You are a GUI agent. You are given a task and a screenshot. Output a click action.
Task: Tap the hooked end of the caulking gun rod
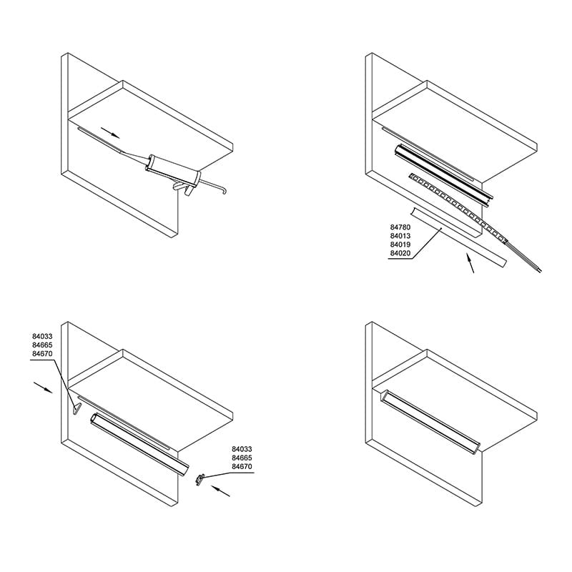coord(224,190)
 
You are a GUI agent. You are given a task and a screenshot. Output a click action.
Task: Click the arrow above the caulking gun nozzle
coord(110,132)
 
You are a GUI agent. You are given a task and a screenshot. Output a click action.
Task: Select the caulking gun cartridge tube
coord(172,169)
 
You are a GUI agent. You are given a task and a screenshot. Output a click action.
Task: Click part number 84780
coord(400,227)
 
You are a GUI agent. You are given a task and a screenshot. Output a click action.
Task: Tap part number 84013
coord(400,236)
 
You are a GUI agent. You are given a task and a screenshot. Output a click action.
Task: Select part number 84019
coord(400,245)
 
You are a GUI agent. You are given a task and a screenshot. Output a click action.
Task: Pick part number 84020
coord(400,253)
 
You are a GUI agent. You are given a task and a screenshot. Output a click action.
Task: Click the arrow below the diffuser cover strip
coord(470,262)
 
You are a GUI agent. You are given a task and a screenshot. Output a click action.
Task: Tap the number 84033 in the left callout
coord(42,336)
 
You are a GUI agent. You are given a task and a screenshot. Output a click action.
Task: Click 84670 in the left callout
coord(42,354)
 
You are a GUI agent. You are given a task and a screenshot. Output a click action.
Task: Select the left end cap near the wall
coord(77,409)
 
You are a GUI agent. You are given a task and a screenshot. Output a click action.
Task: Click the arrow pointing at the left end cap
coord(43,387)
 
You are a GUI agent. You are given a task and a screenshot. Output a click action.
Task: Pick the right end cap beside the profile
coord(199,479)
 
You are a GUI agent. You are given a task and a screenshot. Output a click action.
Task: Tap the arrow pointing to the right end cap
coord(221,490)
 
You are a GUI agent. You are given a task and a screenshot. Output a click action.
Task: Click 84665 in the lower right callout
coord(242,458)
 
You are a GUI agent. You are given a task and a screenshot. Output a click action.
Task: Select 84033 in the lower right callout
coord(242,449)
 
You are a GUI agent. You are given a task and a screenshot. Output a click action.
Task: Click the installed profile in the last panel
coord(430,421)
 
